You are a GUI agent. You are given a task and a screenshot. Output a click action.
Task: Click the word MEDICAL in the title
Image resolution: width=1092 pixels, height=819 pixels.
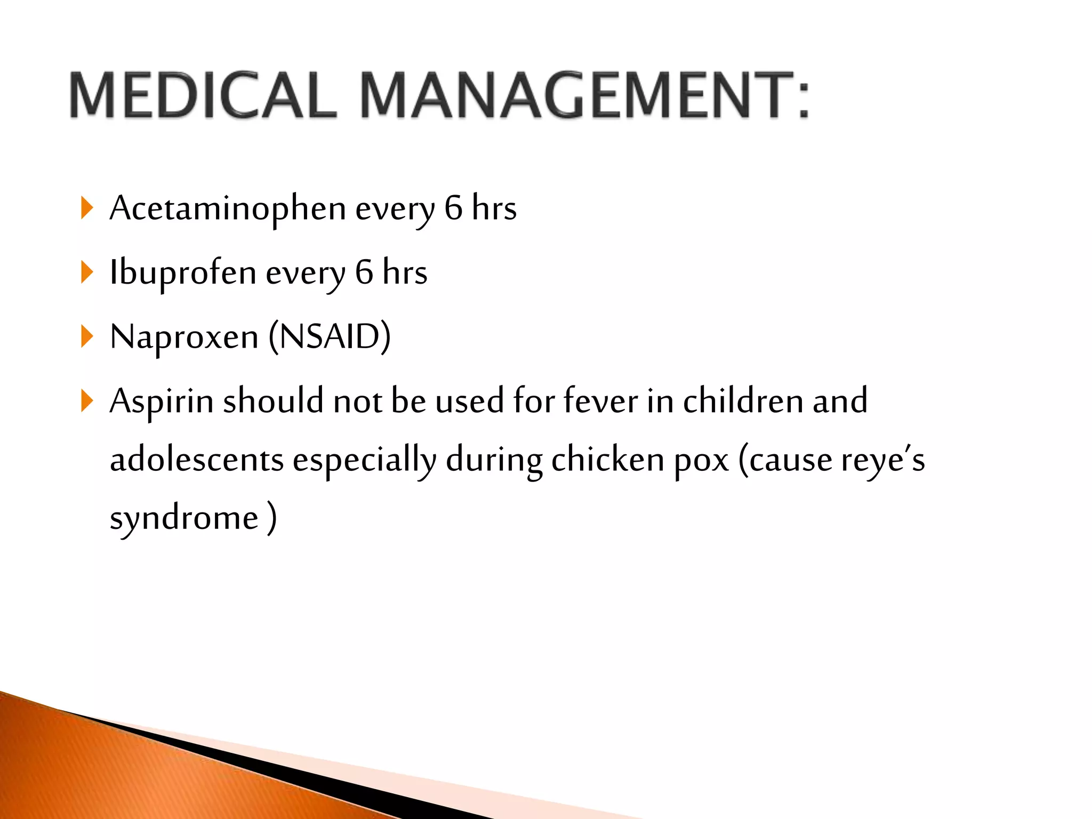coord(203,96)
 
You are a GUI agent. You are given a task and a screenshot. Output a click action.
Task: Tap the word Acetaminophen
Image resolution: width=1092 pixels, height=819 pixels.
coord(228,208)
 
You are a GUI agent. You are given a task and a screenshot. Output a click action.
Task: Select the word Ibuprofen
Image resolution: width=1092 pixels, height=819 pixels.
coord(183,272)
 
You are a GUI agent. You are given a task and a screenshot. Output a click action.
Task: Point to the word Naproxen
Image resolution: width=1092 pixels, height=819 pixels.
coord(184,338)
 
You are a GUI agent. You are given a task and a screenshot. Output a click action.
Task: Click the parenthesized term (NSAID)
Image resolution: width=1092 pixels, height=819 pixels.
coord(330,337)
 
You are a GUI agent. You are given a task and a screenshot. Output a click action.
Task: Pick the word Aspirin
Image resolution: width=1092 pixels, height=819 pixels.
coord(161,401)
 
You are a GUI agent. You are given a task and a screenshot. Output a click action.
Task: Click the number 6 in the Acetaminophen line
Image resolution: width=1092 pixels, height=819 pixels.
coord(453,207)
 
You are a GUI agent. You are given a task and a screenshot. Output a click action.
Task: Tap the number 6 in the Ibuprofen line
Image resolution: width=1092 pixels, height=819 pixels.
coord(364,272)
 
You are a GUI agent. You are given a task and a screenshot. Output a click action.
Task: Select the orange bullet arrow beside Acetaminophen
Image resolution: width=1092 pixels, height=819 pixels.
coord(87,208)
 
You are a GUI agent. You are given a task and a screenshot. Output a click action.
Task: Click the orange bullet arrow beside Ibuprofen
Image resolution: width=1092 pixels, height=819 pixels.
coord(87,272)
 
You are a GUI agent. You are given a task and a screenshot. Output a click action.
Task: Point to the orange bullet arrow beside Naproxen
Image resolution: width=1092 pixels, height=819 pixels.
coord(87,337)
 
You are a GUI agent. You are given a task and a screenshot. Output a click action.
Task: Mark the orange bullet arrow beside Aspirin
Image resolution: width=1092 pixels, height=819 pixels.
coord(87,401)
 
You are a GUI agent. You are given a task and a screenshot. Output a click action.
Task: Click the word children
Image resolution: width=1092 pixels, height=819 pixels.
coord(743,400)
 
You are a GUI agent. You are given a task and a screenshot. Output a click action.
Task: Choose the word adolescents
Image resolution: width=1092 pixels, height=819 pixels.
coord(196,460)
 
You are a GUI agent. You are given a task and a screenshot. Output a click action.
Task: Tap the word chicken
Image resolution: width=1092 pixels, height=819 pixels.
coord(607,460)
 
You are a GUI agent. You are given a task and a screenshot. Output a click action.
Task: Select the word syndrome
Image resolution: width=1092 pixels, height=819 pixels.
coord(184,518)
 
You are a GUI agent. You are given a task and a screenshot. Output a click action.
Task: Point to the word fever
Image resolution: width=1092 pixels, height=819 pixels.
coord(600,400)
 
